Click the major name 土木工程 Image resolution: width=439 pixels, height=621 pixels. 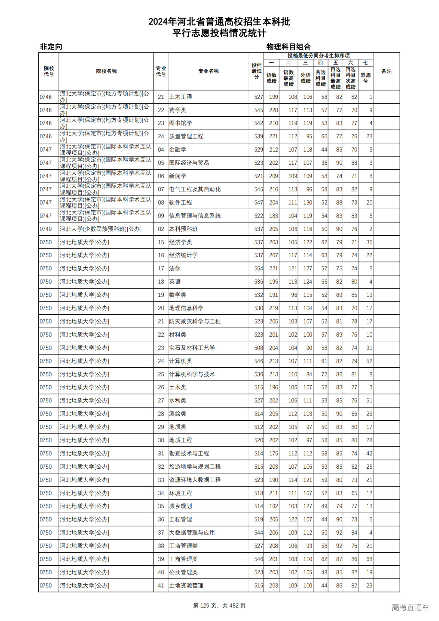tap(180, 97)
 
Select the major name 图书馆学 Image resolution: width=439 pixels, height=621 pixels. tap(180, 123)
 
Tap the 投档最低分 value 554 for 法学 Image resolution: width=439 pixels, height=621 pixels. tap(259, 269)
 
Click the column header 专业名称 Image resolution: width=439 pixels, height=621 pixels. tap(209, 71)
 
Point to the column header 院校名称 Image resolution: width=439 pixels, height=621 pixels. tap(106, 71)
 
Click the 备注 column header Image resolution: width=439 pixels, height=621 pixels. tap(386, 71)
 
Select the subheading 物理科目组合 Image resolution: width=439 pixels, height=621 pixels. tap(288, 47)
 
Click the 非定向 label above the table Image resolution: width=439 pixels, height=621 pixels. tap(51, 47)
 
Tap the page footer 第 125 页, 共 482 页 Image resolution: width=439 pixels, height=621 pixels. tap(219, 606)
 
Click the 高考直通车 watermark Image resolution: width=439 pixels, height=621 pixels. tap(410, 607)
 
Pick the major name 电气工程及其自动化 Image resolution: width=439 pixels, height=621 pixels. tap(195, 189)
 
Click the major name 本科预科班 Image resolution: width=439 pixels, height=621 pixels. tap(183, 229)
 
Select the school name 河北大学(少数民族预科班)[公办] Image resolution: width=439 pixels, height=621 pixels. tap(100, 229)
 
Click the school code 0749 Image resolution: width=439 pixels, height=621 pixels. tap(46, 229)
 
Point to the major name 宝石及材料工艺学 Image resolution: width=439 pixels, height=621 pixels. tap(192, 348)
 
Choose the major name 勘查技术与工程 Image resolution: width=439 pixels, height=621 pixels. tap(189, 454)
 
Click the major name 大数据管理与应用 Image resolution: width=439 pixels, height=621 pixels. tap(192, 533)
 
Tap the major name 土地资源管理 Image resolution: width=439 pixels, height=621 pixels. tap(186, 586)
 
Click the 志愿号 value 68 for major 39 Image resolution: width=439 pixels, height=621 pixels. tap(369, 559)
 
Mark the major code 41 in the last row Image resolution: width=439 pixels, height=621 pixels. tap(161, 586)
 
